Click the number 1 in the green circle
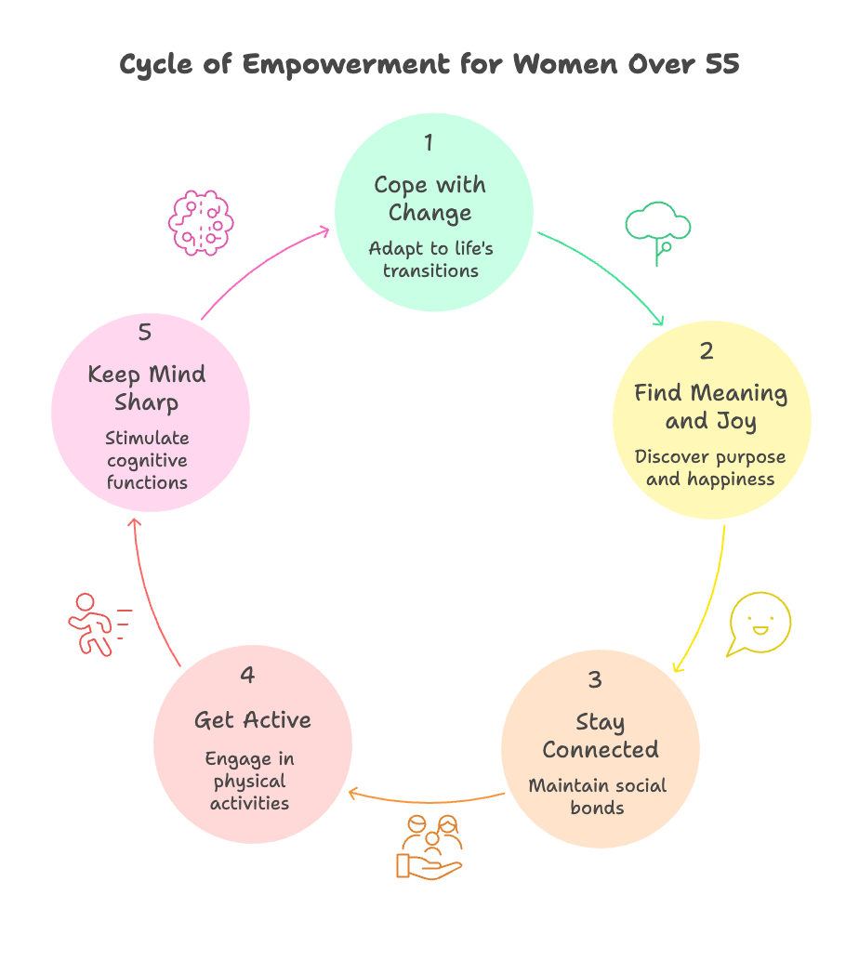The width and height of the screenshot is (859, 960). (x=429, y=143)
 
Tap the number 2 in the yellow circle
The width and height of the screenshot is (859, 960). (x=707, y=351)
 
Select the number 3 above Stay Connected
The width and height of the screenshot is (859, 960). (x=595, y=679)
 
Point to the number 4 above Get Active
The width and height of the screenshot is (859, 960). (x=247, y=675)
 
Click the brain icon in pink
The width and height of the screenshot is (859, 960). (x=200, y=223)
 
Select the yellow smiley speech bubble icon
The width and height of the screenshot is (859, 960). (x=759, y=624)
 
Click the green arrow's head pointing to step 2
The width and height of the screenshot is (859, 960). (x=658, y=322)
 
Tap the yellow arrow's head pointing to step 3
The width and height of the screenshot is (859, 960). (x=678, y=665)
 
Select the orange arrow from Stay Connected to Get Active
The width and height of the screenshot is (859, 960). (x=428, y=799)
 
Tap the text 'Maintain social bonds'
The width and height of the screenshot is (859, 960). (x=597, y=796)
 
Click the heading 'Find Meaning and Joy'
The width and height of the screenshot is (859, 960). (x=710, y=407)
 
